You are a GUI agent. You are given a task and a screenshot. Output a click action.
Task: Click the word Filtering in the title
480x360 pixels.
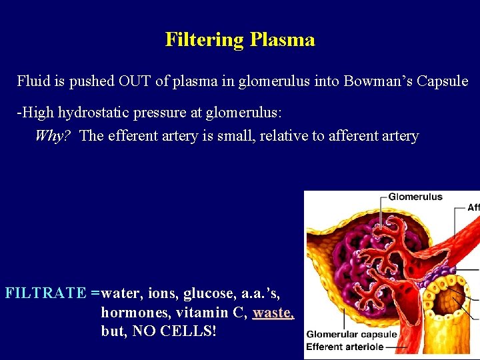click(x=205, y=40)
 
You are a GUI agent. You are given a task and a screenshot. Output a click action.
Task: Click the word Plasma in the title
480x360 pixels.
click(x=282, y=40)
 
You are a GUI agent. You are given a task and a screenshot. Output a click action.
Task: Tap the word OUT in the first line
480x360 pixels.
click(x=134, y=81)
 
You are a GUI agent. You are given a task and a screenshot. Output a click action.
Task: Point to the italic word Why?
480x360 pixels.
click(x=53, y=136)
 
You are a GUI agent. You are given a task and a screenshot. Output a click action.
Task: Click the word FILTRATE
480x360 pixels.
click(x=46, y=292)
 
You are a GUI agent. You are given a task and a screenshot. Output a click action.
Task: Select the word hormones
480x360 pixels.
click(x=130, y=312)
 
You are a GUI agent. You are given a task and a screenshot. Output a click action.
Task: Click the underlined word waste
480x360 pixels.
click(x=273, y=312)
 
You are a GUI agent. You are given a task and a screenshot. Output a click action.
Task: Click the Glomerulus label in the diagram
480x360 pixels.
click(x=415, y=197)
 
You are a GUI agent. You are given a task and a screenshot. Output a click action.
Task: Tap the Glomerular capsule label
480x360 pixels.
click(x=351, y=335)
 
